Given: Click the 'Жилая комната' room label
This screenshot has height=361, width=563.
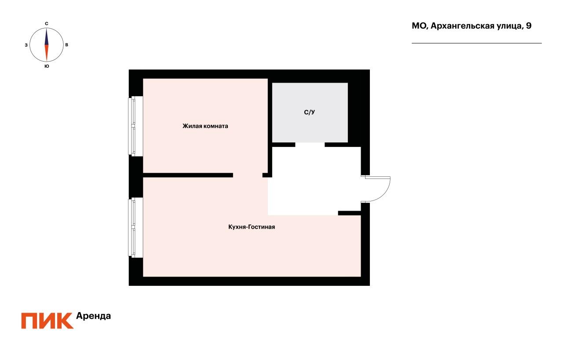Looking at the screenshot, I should pyautogui.click(x=205, y=126).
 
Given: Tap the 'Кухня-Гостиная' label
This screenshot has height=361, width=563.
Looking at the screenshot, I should pyautogui.click(x=252, y=227).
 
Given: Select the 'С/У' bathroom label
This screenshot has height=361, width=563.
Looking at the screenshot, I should pyautogui.click(x=310, y=113).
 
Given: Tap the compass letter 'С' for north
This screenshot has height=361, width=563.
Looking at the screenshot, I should pyautogui.click(x=47, y=23).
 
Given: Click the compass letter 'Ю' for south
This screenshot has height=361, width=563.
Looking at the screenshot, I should pyautogui.click(x=47, y=66).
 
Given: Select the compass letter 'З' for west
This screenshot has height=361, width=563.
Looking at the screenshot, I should pyautogui.click(x=26, y=45).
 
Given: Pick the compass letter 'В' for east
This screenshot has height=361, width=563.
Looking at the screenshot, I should pyautogui.click(x=66, y=45).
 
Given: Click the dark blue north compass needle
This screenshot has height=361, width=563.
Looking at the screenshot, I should pyautogui.click(x=46, y=37).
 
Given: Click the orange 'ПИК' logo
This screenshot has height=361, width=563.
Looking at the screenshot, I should pyautogui.click(x=47, y=321).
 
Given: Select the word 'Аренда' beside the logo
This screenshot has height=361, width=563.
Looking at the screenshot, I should pyautogui.click(x=94, y=316).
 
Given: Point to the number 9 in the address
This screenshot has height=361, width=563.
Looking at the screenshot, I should pyautogui.click(x=528, y=26).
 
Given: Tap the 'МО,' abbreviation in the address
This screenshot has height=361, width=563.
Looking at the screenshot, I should pyautogui.click(x=419, y=26).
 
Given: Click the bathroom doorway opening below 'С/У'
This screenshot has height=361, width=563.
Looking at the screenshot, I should pyautogui.click(x=310, y=145).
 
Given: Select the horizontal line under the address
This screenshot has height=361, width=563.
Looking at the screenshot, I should pyautogui.click(x=476, y=43).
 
